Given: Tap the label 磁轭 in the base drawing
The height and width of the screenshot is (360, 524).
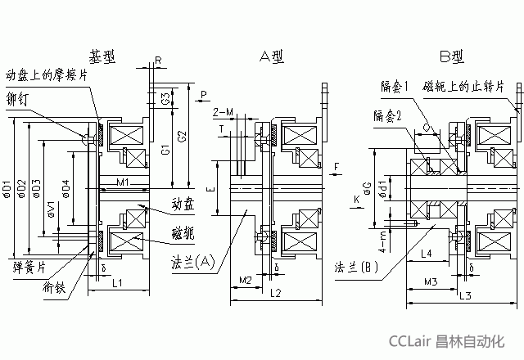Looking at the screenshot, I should point(183,232).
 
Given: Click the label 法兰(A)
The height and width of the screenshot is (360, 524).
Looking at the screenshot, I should point(192,261).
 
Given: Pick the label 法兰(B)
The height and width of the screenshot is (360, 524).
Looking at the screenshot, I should point(356,268).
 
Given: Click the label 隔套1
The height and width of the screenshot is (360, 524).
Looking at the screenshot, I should point(395,86).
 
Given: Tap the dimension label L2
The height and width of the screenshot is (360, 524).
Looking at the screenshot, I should point(274,292).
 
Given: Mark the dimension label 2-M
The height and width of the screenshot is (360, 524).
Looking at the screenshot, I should point(222,110).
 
